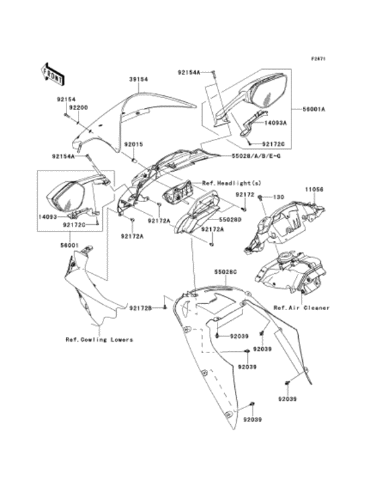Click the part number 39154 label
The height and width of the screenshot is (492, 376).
coord(138,79)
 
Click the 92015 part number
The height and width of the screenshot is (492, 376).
coord(129,144)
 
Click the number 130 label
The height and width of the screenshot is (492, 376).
coord(277,197)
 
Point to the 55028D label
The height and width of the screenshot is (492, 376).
coord(229,219)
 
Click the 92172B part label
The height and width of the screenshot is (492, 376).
coord(140,307)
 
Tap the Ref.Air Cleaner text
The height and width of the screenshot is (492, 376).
coord(301,307)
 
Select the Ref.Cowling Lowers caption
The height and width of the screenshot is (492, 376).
coord(99,340)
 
